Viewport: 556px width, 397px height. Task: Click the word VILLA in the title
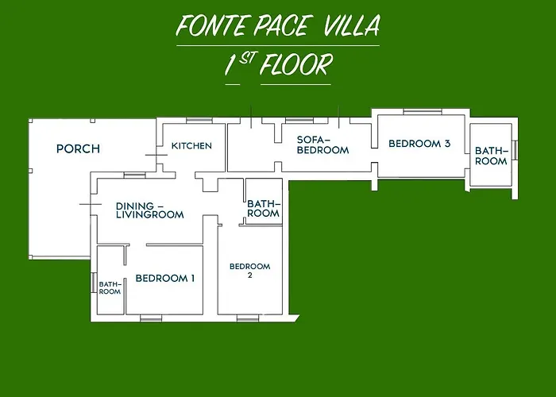point(351,26)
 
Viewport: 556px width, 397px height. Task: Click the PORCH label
point(78,148)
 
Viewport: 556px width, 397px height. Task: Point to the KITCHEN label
point(191,145)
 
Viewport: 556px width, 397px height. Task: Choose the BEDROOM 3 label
point(419,144)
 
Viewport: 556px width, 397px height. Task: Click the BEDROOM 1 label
point(164,278)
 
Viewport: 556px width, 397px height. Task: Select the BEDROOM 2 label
point(249,271)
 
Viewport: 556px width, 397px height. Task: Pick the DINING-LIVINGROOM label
point(149,209)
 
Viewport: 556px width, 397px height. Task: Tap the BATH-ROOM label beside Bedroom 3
point(491,156)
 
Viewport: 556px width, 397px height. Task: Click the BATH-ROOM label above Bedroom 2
point(263,208)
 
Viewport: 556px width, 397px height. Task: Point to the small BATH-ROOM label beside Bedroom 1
point(110,287)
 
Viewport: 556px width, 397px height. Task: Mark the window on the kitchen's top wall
point(197,121)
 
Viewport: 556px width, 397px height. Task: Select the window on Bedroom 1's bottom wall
point(151,318)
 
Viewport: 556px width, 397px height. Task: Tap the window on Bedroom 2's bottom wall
point(248,318)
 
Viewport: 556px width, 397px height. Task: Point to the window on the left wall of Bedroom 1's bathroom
point(94,283)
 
